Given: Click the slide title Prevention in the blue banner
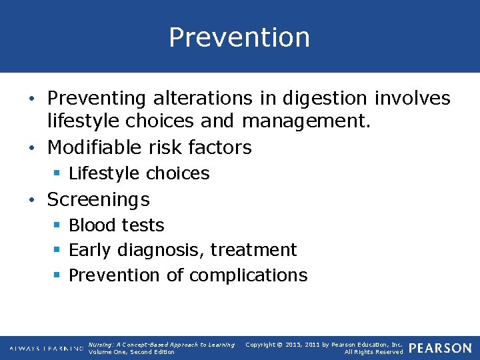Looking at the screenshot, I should tap(239, 37).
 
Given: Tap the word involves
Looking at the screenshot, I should tap(412, 99).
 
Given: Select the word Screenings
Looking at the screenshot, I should tap(99, 199).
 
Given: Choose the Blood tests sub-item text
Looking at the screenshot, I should tap(117, 225).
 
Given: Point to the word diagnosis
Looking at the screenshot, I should tap(161, 250).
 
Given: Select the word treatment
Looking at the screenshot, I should tap(253, 250).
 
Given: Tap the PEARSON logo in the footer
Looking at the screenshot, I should tap(440, 348).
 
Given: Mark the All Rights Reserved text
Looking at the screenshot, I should tap(373, 352).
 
